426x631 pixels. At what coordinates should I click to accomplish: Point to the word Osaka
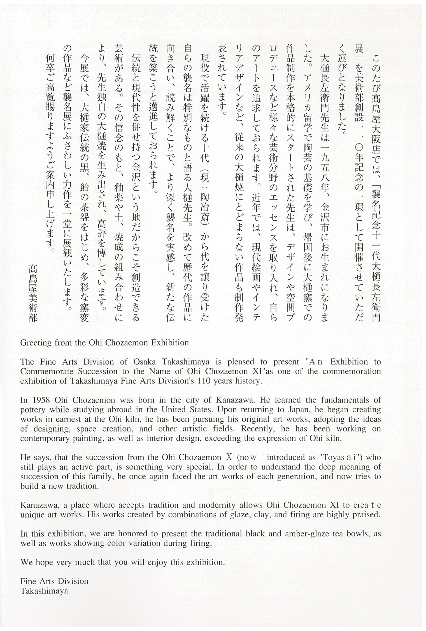pos(145,362)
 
